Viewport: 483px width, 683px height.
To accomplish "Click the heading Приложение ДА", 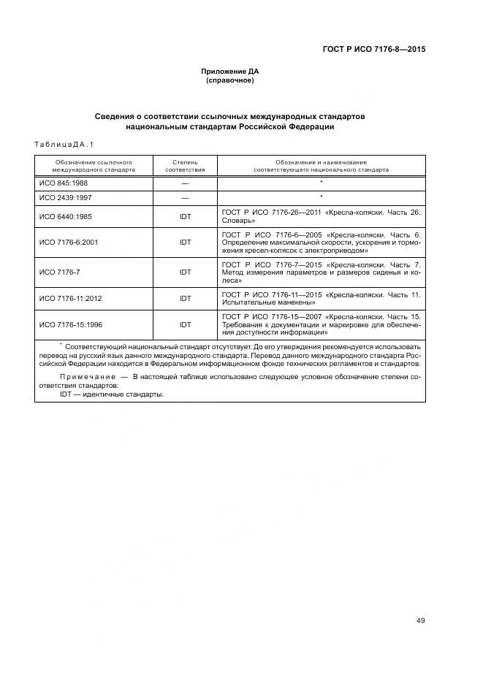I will click(230, 72).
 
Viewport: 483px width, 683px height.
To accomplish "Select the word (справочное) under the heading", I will click(230, 80).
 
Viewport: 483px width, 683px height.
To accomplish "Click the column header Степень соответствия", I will click(185, 165).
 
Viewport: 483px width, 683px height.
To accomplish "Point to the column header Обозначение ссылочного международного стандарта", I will click(93, 165).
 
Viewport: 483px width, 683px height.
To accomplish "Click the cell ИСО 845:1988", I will click(64, 183).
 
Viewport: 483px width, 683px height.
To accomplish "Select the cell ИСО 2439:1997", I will click(66, 198).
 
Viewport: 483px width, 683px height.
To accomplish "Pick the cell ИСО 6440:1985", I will click(66, 216).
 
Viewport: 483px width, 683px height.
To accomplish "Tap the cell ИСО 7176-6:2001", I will click(69, 243).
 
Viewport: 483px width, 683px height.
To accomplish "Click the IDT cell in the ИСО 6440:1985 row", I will click(185, 216).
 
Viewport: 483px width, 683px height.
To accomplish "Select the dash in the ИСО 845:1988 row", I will click(185, 183).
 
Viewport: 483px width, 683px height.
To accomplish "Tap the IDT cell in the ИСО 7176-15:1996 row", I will click(185, 324).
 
